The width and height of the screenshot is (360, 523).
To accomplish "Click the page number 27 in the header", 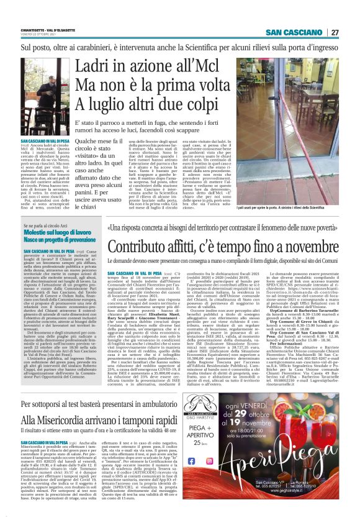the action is pyautogui.click(x=335, y=32).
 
